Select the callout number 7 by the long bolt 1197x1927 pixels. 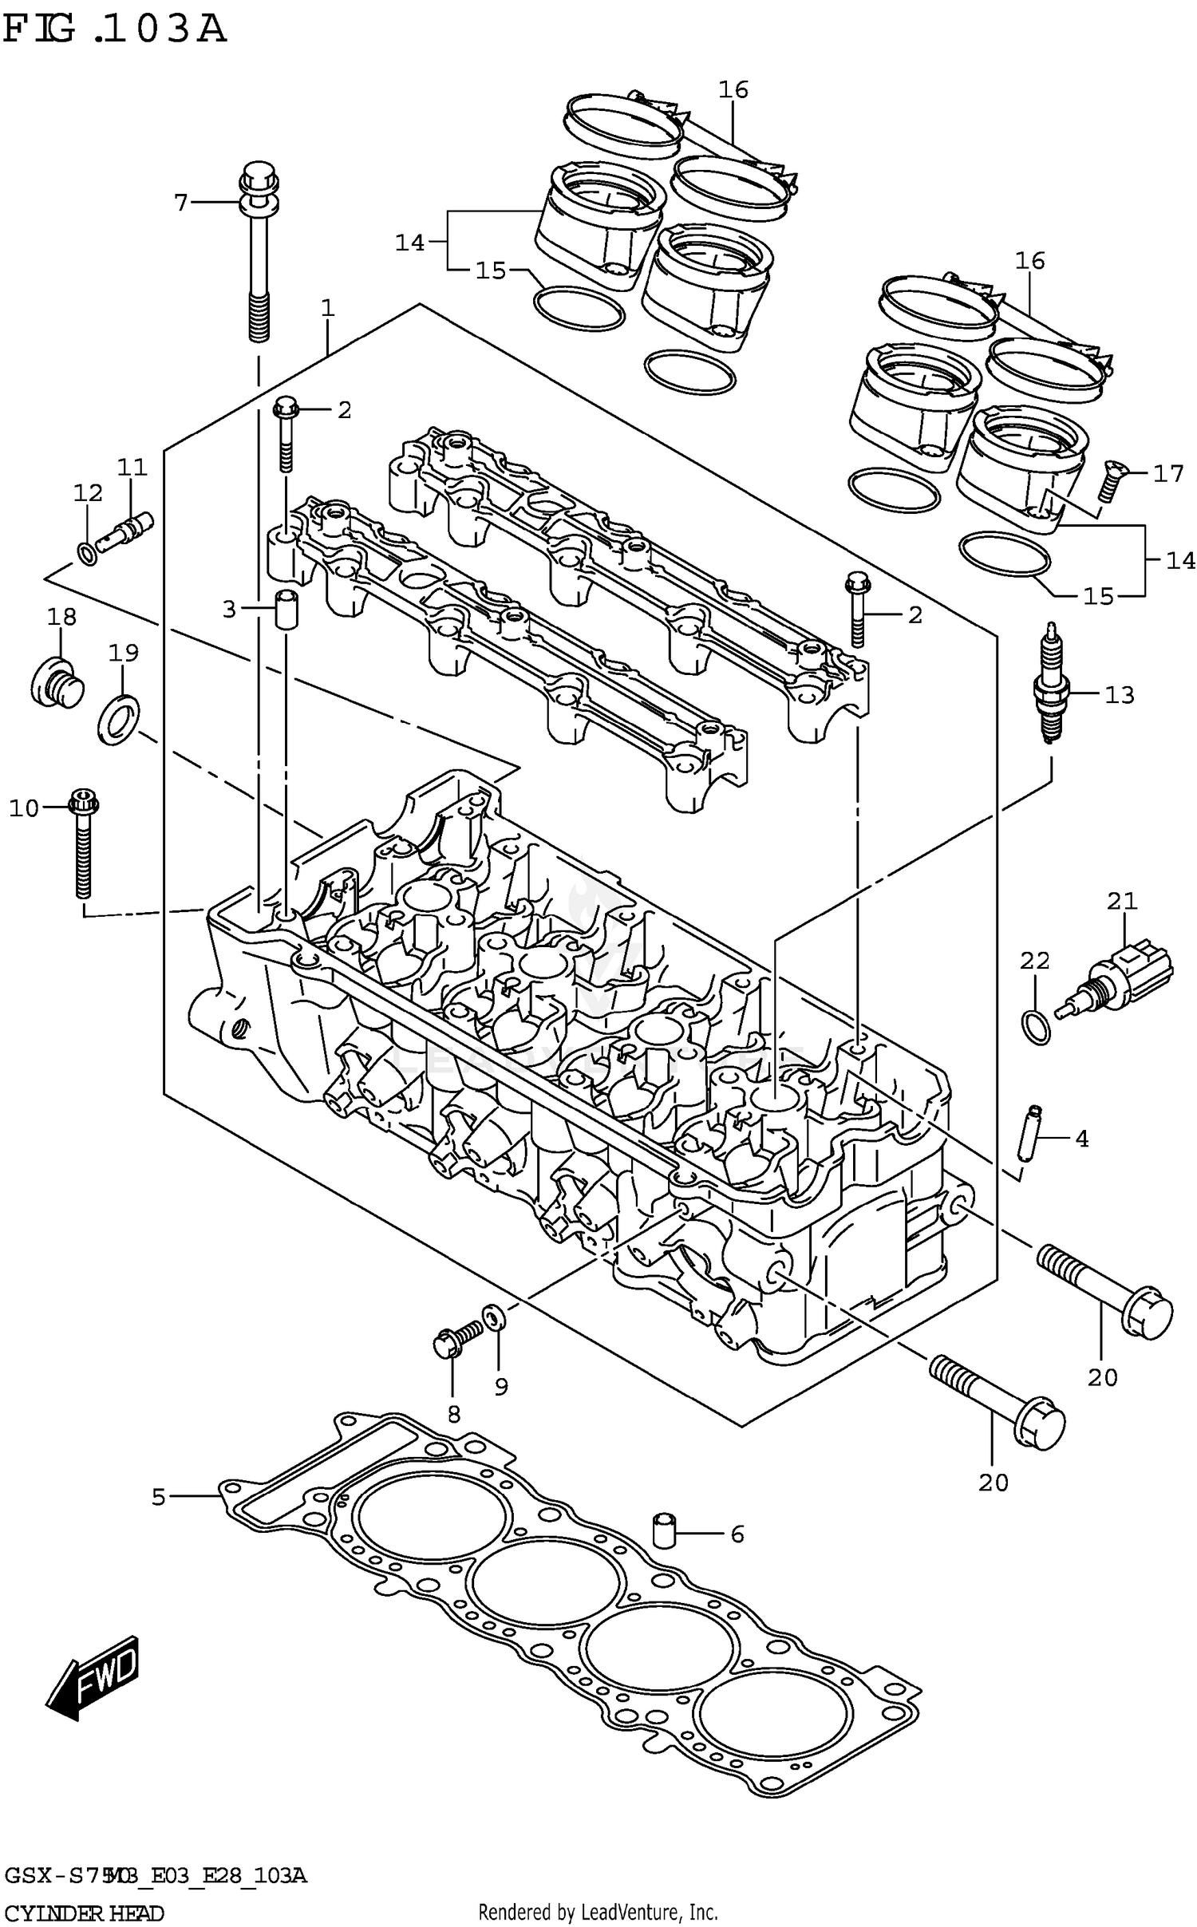(x=181, y=203)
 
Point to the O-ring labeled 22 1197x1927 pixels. (x=1036, y=1026)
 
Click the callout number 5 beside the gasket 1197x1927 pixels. (x=158, y=1498)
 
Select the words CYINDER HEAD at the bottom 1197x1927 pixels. (x=84, y=1914)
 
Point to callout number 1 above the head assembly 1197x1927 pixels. (x=327, y=308)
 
